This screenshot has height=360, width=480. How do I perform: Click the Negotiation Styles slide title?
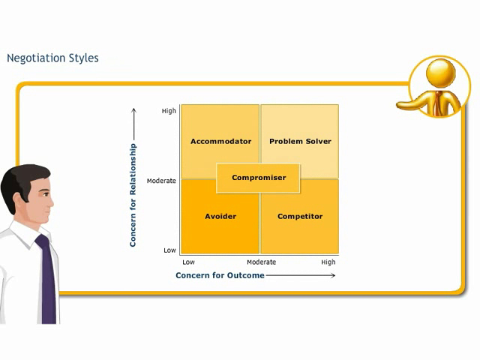point(52,58)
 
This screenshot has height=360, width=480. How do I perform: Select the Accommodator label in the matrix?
point(220,142)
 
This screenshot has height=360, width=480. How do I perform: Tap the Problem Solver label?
point(300,142)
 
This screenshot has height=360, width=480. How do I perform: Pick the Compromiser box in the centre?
point(258,178)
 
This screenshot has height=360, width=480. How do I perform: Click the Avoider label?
point(220,217)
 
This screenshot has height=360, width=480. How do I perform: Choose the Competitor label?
point(300,217)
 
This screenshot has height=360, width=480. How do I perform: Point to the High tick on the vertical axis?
point(169,111)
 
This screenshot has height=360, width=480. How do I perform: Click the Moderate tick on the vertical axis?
point(161,181)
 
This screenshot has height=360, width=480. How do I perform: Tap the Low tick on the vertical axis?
point(169,250)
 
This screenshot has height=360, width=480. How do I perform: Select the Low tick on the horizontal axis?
point(188,262)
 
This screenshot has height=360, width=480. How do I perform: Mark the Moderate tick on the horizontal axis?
point(262,262)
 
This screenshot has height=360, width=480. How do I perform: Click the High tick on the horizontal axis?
point(328,262)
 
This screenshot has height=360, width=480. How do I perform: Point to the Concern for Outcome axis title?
point(220,275)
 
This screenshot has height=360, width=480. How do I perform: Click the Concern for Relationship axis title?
point(133,195)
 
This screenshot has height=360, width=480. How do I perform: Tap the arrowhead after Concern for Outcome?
point(333,275)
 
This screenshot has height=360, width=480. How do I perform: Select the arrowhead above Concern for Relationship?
point(133,111)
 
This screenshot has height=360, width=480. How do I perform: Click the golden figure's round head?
point(441,73)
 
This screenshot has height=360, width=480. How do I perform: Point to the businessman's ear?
point(18,200)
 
